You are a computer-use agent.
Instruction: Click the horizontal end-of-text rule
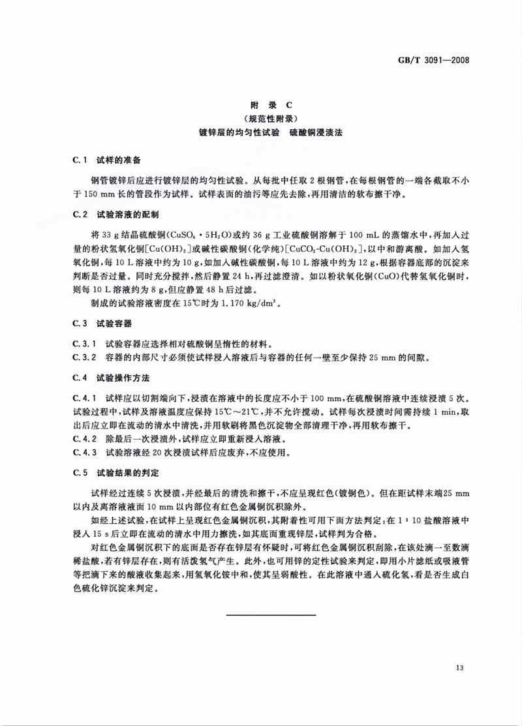tap(271, 614)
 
